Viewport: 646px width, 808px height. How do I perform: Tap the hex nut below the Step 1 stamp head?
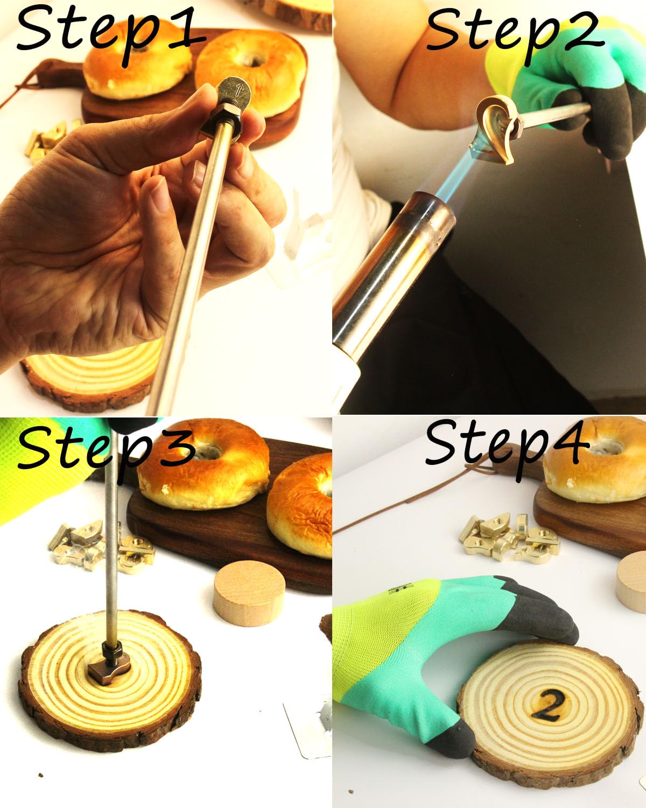click(x=221, y=124)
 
